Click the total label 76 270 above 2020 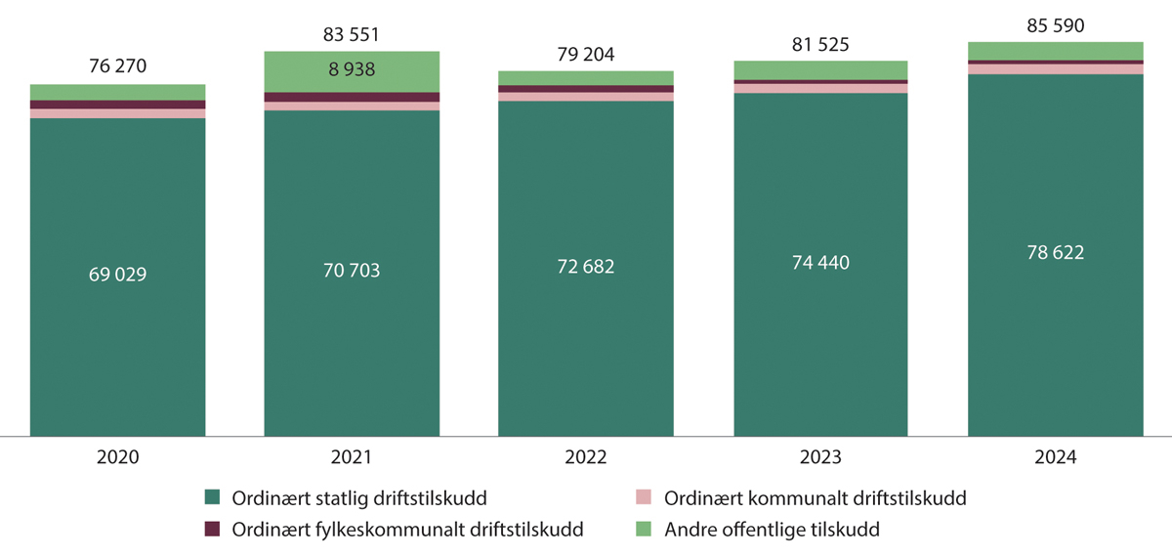point(117,68)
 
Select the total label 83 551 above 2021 point(352,35)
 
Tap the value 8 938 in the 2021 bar point(352,70)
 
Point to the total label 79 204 point(586,55)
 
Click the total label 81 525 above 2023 point(820,45)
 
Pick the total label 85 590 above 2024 point(1055,25)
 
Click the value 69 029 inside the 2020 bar point(117,275)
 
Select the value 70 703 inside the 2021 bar point(352,271)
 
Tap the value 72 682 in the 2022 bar point(586,267)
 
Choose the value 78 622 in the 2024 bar point(1055,253)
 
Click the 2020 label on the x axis point(117,456)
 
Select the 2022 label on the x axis point(586,456)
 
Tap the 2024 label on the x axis point(1055,456)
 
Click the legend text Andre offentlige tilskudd point(772,531)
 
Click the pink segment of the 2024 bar point(1055,69)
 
